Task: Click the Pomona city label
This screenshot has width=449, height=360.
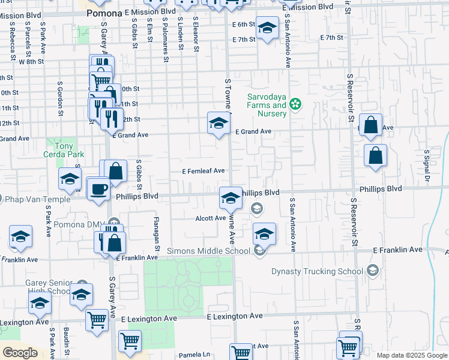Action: coord(104,13)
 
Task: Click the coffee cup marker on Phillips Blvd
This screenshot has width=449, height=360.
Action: coord(98,188)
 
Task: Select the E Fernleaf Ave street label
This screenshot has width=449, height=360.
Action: coord(203,171)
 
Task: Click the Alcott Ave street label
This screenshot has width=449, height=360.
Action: coord(210,218)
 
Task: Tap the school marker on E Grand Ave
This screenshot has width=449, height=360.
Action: coord(218,124)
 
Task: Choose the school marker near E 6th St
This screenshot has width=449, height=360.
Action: coord(268,28)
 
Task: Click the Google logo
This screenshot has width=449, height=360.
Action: coord(20,352)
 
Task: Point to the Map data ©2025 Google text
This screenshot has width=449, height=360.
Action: coord(411,355)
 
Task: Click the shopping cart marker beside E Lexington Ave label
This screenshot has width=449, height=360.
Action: coord(97,319)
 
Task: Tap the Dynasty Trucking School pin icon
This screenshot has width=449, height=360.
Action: coord(373,271)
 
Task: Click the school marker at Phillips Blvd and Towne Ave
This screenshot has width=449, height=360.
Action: coord(230,198)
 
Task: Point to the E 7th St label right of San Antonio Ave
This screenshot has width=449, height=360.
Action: coord(331,38)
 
